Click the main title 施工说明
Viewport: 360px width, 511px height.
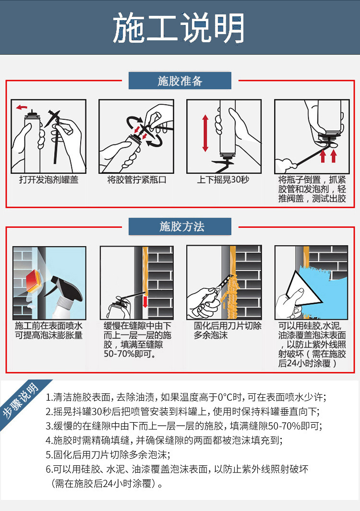click(x=180, y=27)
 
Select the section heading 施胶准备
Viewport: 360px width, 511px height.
click(x=180, y=81)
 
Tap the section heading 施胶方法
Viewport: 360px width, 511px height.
click(x=180, y=226)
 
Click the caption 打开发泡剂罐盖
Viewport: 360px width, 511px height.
click(x=48, y=180)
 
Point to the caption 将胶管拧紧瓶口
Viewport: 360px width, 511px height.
click(x=136, y=180)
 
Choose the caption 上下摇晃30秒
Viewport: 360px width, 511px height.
click(x=223, y=180)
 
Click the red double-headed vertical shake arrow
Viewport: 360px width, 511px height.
click(x=205, y=133)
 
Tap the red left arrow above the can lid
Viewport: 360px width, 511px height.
click(x=22, y=107)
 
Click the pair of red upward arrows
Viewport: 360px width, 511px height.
click(x=328, y=155)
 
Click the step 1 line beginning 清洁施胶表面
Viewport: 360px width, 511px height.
click(x=185, y=397)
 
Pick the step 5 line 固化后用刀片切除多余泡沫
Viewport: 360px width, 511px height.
click(x=108, y=454)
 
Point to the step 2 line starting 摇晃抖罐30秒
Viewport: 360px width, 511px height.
click(x=182, y=411)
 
